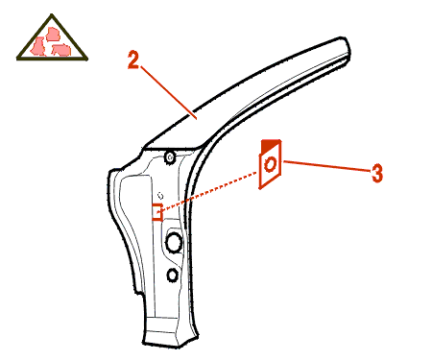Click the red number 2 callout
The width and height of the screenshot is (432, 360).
coord(133,60)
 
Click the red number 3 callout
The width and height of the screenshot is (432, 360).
coord(377,173)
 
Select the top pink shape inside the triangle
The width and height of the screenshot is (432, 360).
coord(53,35)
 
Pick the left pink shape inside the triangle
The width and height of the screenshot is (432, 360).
coord(38,46)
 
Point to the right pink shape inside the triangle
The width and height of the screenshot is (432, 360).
coord(61,50)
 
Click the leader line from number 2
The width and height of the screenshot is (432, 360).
coord(168,93)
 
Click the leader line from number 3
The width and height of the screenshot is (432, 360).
coord(327,166)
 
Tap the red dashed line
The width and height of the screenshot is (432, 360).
coord(208,192)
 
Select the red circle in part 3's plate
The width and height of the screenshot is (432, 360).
coord(271,165)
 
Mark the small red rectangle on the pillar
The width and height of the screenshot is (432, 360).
coord(156,212)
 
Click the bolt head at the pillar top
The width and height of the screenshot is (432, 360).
coord(170,157)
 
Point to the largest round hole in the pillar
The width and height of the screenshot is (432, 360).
coord(174,242)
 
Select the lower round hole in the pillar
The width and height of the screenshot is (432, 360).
coord(173,275)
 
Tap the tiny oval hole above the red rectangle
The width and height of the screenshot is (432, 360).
coord(160,196)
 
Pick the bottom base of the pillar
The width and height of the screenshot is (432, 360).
coord(170,336)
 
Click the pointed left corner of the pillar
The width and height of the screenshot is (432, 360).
coord(109,171)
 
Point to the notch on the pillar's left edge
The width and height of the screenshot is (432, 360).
coord(138,292)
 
